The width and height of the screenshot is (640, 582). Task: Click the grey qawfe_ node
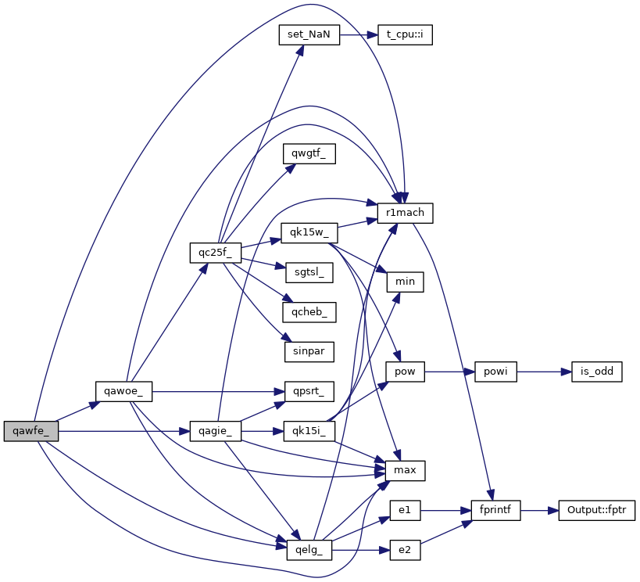pyautogui.click(x=30, y=430)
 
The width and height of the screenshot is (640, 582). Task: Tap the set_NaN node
pyautogui.click(x=309, y=36)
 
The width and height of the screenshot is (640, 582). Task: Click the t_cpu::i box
pyautogui.click(x=405, y=36)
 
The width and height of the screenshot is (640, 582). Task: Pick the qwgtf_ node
pyautogui.click(x=309, y=154)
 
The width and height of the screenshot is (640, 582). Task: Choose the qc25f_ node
pyautogui.click(x=215, y=253)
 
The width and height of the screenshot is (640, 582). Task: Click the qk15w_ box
pyautogui.click(x=309, y=232)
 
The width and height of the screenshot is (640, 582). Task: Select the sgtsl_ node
pyautogui.click(x=309, y=272)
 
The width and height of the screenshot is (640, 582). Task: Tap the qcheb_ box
pyautogui.click(x=309, y=311)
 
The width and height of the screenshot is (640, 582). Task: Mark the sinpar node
pyautogui.click(x=309, y=351)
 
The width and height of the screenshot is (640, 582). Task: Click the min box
pyautogui.click(x=405, y=282)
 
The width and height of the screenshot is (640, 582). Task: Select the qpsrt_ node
pyautogui.click(x=309, y=391)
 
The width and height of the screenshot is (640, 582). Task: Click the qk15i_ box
pyautogui.click(x=309, y=430)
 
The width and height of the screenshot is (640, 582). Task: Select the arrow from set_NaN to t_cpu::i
pyautogui.click(x=359, y=36)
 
